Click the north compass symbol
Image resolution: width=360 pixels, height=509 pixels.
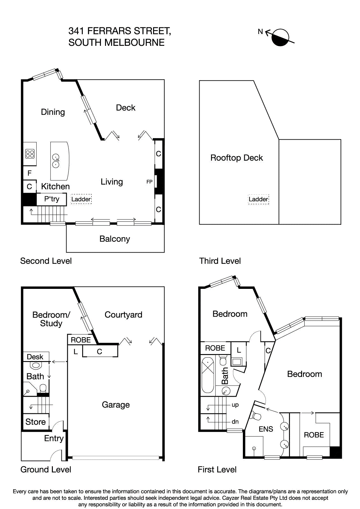[280, 37]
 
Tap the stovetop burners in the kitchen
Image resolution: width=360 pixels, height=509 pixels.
[30, 154]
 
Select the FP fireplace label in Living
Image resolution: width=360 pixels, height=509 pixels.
[149, 182]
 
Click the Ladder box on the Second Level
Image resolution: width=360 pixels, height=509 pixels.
[81, 199]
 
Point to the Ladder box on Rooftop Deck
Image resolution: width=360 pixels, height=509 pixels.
[258, 199]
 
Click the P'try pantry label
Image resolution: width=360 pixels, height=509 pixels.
[52, 199]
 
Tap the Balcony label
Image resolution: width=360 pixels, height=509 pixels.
[115, 239]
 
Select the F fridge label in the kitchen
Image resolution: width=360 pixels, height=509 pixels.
[30, 173]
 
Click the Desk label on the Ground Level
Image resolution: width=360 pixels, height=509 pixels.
[35, 357]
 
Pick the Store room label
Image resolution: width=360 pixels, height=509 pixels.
[36, 422]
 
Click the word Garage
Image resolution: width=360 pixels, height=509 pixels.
[116, 405]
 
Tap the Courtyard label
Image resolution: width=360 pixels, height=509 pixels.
[123, 315]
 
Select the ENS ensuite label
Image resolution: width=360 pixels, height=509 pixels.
[266, 429]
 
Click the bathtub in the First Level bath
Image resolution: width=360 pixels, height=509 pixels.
[208, 375]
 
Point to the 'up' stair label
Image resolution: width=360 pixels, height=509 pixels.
[235, 405]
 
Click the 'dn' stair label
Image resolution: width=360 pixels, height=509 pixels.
[235, 422]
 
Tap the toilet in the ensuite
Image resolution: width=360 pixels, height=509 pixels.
[256, 415]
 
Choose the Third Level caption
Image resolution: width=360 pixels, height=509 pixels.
[220, 261]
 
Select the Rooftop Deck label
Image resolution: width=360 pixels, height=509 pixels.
[236, 158]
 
